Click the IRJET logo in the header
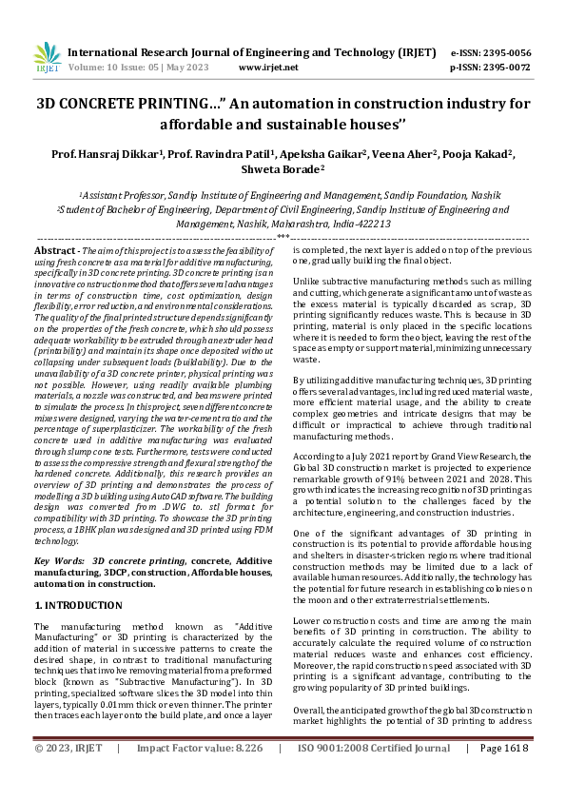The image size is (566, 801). [47, 59]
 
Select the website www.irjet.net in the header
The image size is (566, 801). [268, 68]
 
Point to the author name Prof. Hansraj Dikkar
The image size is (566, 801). [107, 153]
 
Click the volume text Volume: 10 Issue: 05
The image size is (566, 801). [113, 68]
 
